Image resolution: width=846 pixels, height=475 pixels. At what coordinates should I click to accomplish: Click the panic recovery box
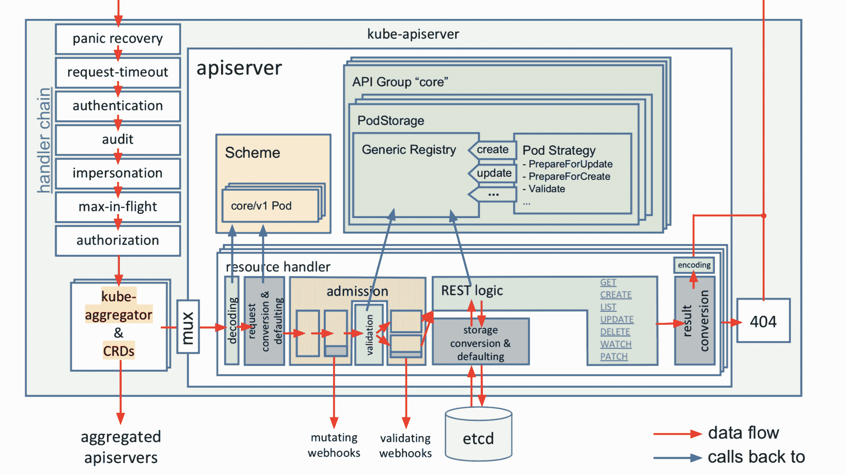click(118, 39)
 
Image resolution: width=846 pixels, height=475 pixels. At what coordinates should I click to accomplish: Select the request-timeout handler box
click(118, 72)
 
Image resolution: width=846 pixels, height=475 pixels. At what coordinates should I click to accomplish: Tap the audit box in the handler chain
click(118, 140)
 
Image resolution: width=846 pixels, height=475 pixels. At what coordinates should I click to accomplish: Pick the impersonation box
click(118, 173)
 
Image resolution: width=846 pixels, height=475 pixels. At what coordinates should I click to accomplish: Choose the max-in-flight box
click(118, 207)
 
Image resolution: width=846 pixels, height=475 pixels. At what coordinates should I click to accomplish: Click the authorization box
click(118, 241)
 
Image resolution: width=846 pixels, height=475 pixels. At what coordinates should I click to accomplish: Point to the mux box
click(188, 327)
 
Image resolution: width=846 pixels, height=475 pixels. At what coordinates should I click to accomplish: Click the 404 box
click(763, 321)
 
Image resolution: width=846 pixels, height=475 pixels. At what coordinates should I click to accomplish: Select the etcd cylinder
click(479, 434)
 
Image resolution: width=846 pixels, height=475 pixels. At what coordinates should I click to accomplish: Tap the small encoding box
click(694, 265)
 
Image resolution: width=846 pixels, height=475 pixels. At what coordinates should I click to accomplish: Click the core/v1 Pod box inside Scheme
click(271, 206)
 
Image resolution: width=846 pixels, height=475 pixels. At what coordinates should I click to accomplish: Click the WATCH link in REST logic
click(616, 344)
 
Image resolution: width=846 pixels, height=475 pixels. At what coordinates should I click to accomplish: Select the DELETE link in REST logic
click(615, 332)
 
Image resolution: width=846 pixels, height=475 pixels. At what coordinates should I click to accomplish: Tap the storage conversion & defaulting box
click(481, 342)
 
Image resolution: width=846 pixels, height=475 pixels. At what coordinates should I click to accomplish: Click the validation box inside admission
click(369, 334)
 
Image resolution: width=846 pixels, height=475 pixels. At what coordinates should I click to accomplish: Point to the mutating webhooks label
click(334, 445)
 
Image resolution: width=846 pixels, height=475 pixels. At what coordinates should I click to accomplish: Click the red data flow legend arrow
click(678, 434)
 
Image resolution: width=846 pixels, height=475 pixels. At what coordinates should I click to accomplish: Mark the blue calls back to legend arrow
click(678, 458)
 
